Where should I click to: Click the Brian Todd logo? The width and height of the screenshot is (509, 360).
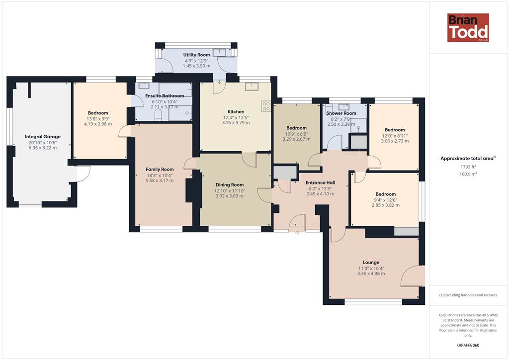[x=468, y=27]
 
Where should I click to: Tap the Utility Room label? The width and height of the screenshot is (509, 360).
[x=196, y=55]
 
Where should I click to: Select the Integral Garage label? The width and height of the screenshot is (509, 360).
[x=43, y=137]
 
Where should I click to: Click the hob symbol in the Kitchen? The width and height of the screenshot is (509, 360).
[x=266, y=106]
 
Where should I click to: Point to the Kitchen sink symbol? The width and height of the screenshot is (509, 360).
[x=252, y=86]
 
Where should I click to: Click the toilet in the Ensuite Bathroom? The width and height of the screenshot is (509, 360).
[x=158, y=115]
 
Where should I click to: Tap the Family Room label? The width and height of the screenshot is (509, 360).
[x=160, y=169]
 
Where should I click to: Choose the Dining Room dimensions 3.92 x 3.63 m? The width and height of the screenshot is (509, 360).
[x=230, y=196]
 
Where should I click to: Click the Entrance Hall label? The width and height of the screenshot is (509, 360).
[x=320, y=182]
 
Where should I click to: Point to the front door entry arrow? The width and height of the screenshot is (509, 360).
[x=297, y=233]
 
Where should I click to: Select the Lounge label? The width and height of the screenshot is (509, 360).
[x=371, y=262]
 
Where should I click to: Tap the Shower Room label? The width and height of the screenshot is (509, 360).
[x=341, y=113]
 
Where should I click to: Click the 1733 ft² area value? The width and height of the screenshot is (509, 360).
[x=468, y=167]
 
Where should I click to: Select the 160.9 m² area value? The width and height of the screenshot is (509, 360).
[x=468, y=174]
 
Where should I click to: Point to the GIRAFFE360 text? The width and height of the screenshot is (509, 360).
[x=468, y=345]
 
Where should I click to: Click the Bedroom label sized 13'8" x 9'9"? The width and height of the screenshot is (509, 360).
[x=98, y=113]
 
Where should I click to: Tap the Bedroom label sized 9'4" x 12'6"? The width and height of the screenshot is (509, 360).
[x=386, y=194]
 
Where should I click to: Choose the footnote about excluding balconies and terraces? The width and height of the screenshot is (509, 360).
[x=468, y=295]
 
